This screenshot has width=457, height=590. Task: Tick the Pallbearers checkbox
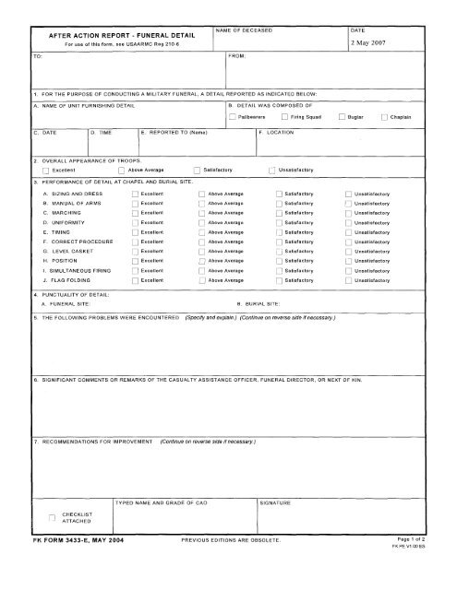tap(233, 117)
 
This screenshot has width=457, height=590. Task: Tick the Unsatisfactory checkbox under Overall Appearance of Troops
tap(271, 171)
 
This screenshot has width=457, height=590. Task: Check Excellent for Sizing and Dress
tap(134, 195)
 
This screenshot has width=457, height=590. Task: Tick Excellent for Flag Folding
tap(134, 279)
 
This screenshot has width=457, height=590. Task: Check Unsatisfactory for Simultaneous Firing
tap(347, 269)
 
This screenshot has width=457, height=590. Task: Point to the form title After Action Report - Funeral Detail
tap(107, 33)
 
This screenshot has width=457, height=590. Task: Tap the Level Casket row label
tap(66, 249)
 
